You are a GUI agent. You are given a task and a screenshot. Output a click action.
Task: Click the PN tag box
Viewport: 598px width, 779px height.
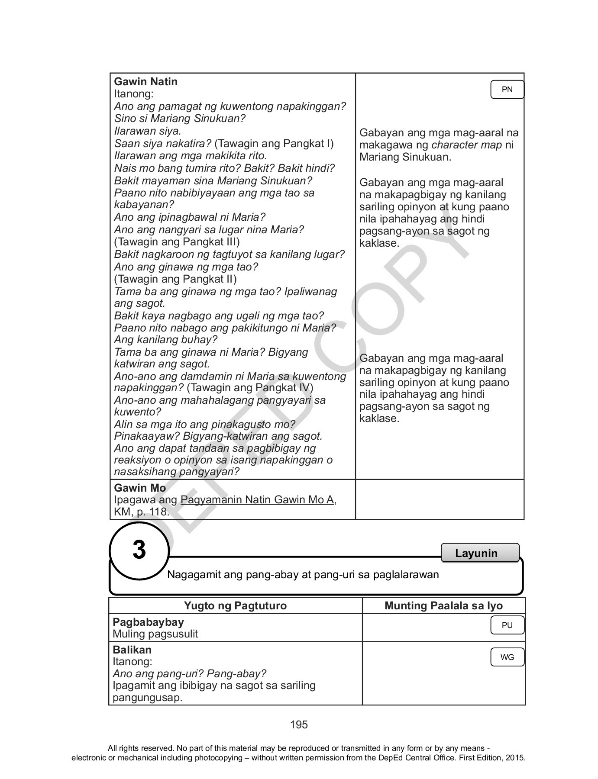(x=507, y=90)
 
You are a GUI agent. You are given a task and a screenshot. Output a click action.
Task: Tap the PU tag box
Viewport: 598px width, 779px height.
(x=507, y=625)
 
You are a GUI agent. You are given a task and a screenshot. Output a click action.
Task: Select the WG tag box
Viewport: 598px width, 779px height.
(x=507, y=657)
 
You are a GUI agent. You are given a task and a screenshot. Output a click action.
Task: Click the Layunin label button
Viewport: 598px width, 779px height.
(x=476, y=553)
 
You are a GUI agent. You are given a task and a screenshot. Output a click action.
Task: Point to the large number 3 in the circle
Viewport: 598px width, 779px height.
(x=139, y=550)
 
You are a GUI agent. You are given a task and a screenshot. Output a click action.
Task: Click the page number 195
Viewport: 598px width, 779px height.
(x=299, y=724)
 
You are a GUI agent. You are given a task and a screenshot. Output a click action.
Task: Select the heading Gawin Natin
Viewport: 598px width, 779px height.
(x=145, y=82)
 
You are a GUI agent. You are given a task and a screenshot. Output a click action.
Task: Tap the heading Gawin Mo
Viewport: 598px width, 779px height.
(x=139, y=488)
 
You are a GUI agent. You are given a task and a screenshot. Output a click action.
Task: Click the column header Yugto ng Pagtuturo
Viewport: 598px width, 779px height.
(x=235, y=605)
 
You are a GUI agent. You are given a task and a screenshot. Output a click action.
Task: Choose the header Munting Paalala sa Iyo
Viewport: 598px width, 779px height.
(x=443, y=605)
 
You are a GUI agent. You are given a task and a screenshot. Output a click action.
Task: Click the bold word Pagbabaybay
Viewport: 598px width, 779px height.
(x=148, y=622)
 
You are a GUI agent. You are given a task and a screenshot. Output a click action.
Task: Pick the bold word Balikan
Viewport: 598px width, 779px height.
(x=132, y=650)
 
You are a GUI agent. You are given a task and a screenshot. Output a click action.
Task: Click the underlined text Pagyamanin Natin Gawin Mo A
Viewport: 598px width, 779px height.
(x=257, y=500)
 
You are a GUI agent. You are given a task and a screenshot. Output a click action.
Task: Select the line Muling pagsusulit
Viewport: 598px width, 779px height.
(x=155, y=634)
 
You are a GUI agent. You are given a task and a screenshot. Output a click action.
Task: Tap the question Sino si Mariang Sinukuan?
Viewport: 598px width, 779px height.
(x=180, y=118)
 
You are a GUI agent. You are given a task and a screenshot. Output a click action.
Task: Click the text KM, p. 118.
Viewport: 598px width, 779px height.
(x=141, y=512)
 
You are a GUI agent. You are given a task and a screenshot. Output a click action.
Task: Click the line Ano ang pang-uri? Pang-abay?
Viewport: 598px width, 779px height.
(x=189, y=673)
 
